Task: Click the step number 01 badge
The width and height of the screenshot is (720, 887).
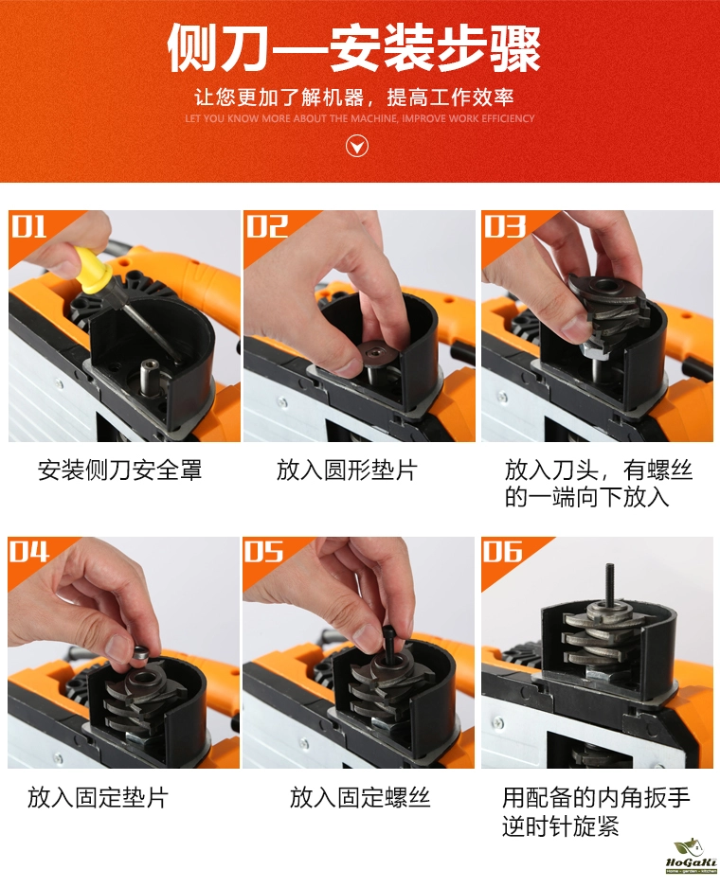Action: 29,226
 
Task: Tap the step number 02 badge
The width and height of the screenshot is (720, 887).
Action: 266,226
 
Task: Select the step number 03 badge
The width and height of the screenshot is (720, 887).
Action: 504,226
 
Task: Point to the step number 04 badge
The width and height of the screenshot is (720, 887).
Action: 29,552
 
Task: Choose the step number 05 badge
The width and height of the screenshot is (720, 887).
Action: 263,552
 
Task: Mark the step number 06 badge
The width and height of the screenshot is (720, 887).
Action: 503,552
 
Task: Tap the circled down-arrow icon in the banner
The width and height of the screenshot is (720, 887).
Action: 356,147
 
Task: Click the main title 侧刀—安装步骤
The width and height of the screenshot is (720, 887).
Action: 353,47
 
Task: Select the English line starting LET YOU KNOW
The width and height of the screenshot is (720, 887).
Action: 359,118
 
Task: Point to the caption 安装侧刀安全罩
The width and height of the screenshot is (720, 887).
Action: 120,470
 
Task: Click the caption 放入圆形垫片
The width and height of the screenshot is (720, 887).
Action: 347,470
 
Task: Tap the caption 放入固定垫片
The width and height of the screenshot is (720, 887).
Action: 98,798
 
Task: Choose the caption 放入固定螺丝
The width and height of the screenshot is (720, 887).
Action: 360,798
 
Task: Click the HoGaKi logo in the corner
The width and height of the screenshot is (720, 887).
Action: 692,857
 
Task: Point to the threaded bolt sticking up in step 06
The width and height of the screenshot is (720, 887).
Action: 610,585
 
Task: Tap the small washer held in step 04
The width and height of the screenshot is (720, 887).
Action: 140,653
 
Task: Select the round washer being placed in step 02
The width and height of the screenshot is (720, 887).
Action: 376,355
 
